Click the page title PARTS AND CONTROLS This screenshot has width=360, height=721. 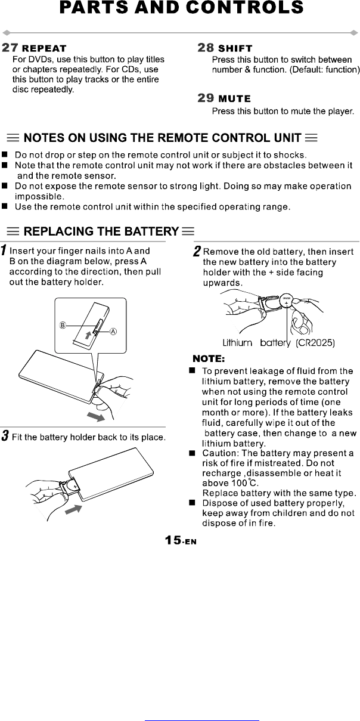click(182, 8)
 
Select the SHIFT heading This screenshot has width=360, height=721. click(235, 48)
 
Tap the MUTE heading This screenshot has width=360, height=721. click(235, 98)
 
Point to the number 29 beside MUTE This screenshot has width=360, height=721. click(206, 98)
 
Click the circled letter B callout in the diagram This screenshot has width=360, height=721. click(62, 325)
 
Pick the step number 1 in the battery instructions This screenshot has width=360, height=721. click(4, 250)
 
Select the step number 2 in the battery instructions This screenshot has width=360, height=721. click(197, 252)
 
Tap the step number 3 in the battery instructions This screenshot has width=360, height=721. click(4, 437)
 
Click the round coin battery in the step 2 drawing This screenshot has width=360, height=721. click(286, 302)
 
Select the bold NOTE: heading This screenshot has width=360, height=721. click(208, 359)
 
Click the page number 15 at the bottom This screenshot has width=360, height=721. click(173, 540)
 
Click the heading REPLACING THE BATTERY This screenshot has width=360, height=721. click(101, 231)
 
